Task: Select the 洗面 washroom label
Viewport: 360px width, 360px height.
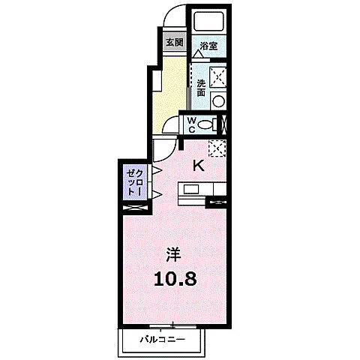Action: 201,86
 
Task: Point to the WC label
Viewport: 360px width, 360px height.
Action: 192,123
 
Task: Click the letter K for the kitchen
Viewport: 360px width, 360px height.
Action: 199,166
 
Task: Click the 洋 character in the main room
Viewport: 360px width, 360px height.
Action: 174,252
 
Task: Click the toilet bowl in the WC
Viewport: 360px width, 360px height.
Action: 214,124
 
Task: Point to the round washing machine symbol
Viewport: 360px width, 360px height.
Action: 218,101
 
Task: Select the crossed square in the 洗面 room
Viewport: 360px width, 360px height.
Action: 218,75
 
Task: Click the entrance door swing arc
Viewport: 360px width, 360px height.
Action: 172,16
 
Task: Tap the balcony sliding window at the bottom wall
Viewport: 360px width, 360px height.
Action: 174,325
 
